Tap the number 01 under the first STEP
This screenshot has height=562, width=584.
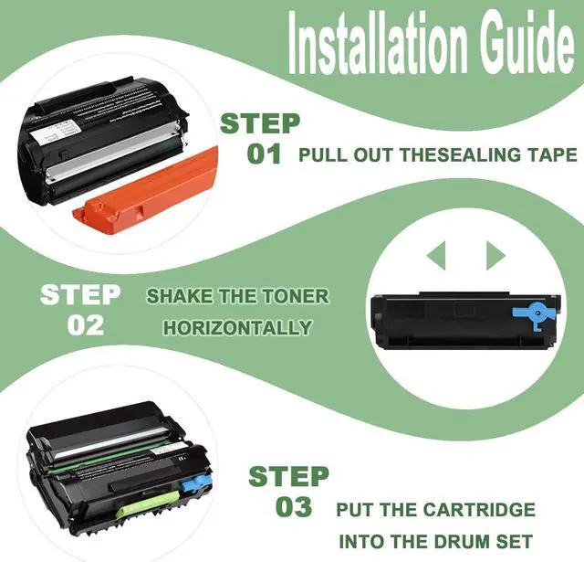(x=264, y=154)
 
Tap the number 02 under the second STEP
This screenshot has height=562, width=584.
(x=85, y=325)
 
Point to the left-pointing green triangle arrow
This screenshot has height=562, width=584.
(x=437, y=254)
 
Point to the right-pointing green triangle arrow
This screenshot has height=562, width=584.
(x=495, y=254)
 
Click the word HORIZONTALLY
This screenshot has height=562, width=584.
(x=237, y=327)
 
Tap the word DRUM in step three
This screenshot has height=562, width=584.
(x=457, y=542)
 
